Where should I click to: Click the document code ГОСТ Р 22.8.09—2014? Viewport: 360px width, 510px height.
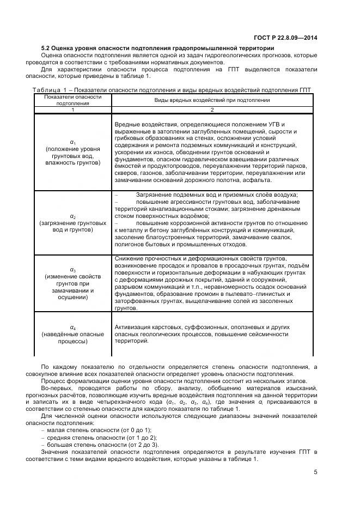pyautogui.click(x=286, y=38)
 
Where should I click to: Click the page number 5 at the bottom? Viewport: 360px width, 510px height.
pyautogui.click(x=316, y=471)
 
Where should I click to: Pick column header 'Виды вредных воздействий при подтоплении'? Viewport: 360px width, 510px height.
pyautogui.click(x=212, y=100)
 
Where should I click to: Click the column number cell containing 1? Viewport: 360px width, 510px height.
pyautogui.click(x=72, y=110)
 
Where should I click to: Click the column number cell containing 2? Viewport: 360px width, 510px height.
pyautogui.click(x=212, y=110)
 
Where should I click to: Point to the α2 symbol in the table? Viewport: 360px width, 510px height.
pyautogui.click(x=72, y=216)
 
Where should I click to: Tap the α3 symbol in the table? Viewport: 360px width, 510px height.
pyautogui.click(x=72, y=269)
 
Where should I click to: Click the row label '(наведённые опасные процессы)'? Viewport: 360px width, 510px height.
pyautogui.click(x=72, y=338)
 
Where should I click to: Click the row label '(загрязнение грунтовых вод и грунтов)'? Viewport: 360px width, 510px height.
pyautogui.click(x=72, y=226)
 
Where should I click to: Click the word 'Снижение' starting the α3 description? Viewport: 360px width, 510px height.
pyautogui.click(x=129, y=258)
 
